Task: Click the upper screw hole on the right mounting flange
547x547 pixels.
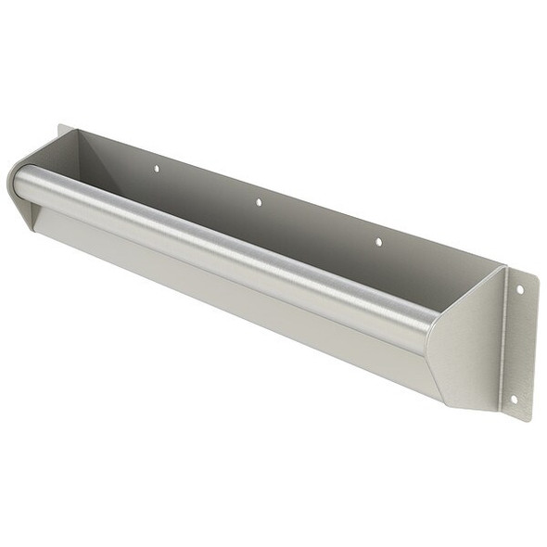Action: coord(519,289)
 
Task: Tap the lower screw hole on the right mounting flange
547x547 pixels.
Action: coord(513,400)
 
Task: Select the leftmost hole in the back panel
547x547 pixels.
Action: coord(156,169)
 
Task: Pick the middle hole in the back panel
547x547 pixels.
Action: coord(259,201)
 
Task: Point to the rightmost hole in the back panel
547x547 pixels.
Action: coord(377,242)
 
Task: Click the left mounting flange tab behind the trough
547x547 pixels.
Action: coord(64,139)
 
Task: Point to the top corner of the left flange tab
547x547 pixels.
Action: coord(60,125)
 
